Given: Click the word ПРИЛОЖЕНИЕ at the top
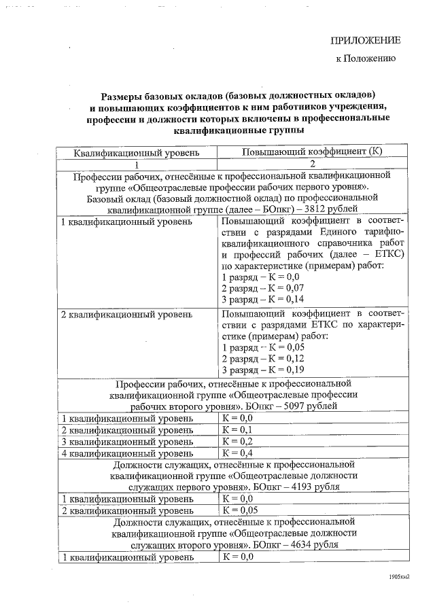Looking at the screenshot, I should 365,40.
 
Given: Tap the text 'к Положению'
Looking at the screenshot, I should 366,59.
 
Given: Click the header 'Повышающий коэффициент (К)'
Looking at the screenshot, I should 313,151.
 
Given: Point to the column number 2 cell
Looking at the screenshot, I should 313,164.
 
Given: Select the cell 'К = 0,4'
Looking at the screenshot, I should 237,453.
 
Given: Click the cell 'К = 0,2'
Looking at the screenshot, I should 237,441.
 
